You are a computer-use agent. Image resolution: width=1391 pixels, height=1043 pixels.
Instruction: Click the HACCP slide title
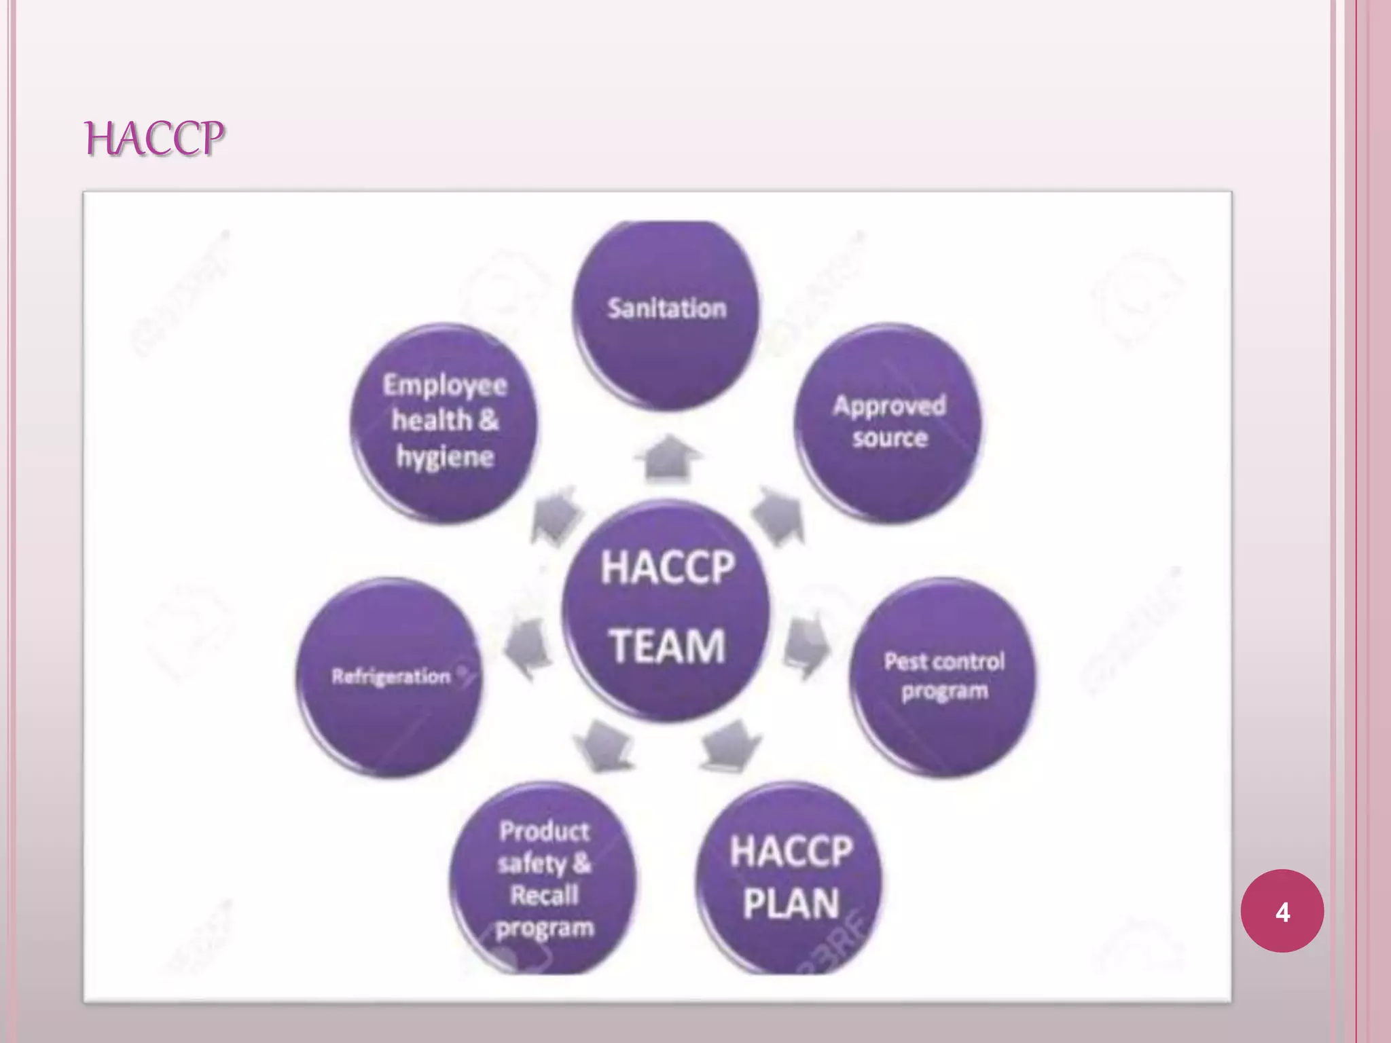(154, 139)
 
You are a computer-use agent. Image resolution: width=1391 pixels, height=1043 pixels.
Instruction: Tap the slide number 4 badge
(1282, 911)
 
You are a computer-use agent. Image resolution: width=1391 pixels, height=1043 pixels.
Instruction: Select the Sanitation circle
(666, 315)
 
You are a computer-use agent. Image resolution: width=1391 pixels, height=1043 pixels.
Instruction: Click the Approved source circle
(889, 422)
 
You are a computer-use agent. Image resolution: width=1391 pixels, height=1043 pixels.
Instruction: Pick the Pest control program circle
(943, 676)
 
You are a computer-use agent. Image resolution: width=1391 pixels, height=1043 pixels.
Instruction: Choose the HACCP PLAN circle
(790, 878)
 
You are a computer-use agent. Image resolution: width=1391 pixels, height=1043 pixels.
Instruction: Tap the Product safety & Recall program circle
(544, 878)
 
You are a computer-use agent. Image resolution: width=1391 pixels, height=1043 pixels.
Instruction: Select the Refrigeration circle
(390, 676)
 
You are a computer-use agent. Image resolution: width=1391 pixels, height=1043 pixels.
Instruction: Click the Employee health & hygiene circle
(444, 422)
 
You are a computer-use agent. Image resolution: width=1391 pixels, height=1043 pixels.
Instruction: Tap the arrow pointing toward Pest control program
(806, 646)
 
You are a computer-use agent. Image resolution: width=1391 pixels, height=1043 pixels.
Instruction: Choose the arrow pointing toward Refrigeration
(527, 648)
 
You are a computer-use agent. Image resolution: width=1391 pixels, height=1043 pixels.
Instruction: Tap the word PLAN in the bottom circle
(791, 904)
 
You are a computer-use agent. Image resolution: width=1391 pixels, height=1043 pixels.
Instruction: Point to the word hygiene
(445, 456)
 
